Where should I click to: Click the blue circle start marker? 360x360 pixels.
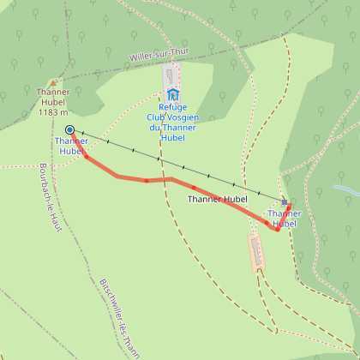69,130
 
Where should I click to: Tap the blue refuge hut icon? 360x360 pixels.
173,94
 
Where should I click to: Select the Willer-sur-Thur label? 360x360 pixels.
159,56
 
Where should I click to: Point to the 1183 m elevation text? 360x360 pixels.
53,112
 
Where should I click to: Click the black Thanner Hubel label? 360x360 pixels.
217,199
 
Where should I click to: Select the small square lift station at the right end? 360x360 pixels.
285,203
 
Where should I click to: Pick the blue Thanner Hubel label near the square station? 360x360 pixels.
283,219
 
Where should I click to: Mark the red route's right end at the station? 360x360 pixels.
289,206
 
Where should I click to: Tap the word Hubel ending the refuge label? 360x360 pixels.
173,137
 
